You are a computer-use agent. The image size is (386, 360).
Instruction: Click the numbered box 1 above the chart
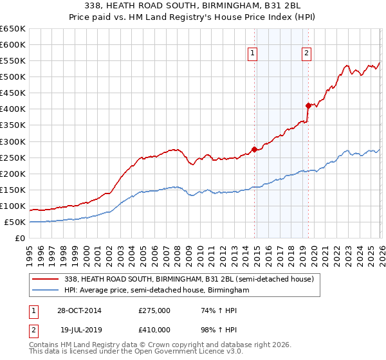tap(253, 53)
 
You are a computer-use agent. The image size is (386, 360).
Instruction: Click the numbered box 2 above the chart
tap(306, 53)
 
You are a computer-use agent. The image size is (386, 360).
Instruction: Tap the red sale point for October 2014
tap(255, 149)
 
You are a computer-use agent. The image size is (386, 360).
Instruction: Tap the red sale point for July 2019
tap(308, 105)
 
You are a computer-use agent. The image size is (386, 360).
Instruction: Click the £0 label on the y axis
tap(20, 238)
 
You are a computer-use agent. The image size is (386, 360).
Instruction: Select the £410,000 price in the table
tap(154, 329)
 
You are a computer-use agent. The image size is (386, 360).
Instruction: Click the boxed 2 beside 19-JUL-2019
tap(33, 329)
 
